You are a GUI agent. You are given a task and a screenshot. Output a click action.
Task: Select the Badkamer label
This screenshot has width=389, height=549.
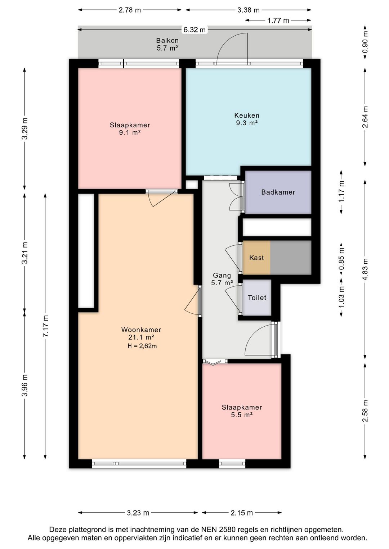(278, 192)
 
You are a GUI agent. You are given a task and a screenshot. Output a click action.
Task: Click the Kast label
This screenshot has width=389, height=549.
(256, 258)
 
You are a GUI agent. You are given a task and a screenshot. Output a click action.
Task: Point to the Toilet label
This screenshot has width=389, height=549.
(257, 298)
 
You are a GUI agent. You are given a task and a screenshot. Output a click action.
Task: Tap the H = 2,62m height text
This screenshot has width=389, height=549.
(142, 346)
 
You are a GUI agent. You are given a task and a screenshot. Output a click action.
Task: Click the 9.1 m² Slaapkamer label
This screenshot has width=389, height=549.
(130, 129)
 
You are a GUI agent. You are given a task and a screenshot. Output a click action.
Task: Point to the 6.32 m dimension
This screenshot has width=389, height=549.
(194, 30)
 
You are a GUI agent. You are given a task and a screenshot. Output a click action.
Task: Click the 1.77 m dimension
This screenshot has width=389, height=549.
(278, 21)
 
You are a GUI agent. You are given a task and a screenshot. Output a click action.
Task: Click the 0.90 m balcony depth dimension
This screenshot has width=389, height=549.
(365, 42)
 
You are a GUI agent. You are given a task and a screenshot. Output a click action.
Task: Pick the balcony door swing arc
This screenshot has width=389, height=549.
(228, 44)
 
